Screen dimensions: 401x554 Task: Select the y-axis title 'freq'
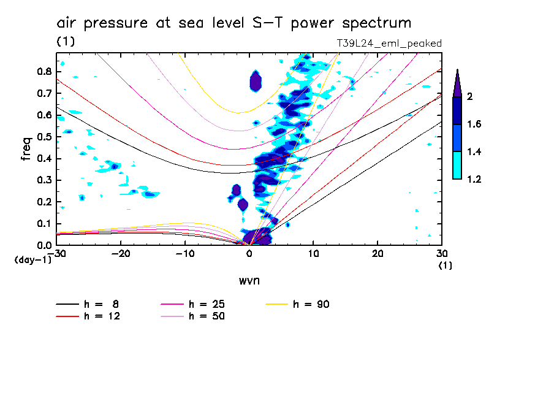(26, 149)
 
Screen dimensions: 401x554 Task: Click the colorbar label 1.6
(474, 124)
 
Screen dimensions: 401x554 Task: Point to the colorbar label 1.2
(474, 180)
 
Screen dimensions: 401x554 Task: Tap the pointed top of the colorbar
(457, 72)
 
